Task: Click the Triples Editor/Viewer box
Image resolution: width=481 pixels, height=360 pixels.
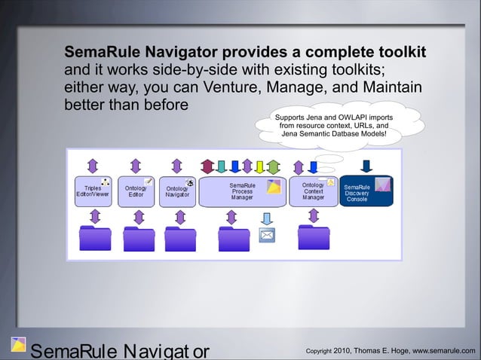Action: click(x=93, y=191)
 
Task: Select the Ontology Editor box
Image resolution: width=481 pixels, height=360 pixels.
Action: click(x=136, y=191)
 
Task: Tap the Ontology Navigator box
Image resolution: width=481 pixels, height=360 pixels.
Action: click(x=178, y=191)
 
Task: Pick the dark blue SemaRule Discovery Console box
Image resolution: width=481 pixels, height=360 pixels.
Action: click(x=366, y=191)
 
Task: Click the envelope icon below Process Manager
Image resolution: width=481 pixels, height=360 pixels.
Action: click(x=267, y=235)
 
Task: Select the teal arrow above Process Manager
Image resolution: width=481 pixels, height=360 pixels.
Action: click(x=221, y=166)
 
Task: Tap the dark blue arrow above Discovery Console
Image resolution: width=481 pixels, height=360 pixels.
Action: click(x=367, y=166)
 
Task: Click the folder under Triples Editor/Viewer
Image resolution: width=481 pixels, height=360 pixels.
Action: click(x=95, y=237)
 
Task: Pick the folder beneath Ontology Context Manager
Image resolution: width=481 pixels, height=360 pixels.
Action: click(x=314, y=237)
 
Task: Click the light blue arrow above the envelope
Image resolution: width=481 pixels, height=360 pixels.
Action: click(x=267, y=217)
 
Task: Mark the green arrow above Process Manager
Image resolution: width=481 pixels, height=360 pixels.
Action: click(x=272, y=166)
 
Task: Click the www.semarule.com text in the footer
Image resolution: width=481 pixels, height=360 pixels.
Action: click(x=440, y=349)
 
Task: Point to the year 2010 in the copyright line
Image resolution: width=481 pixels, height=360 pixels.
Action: click(x=342, y=349)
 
